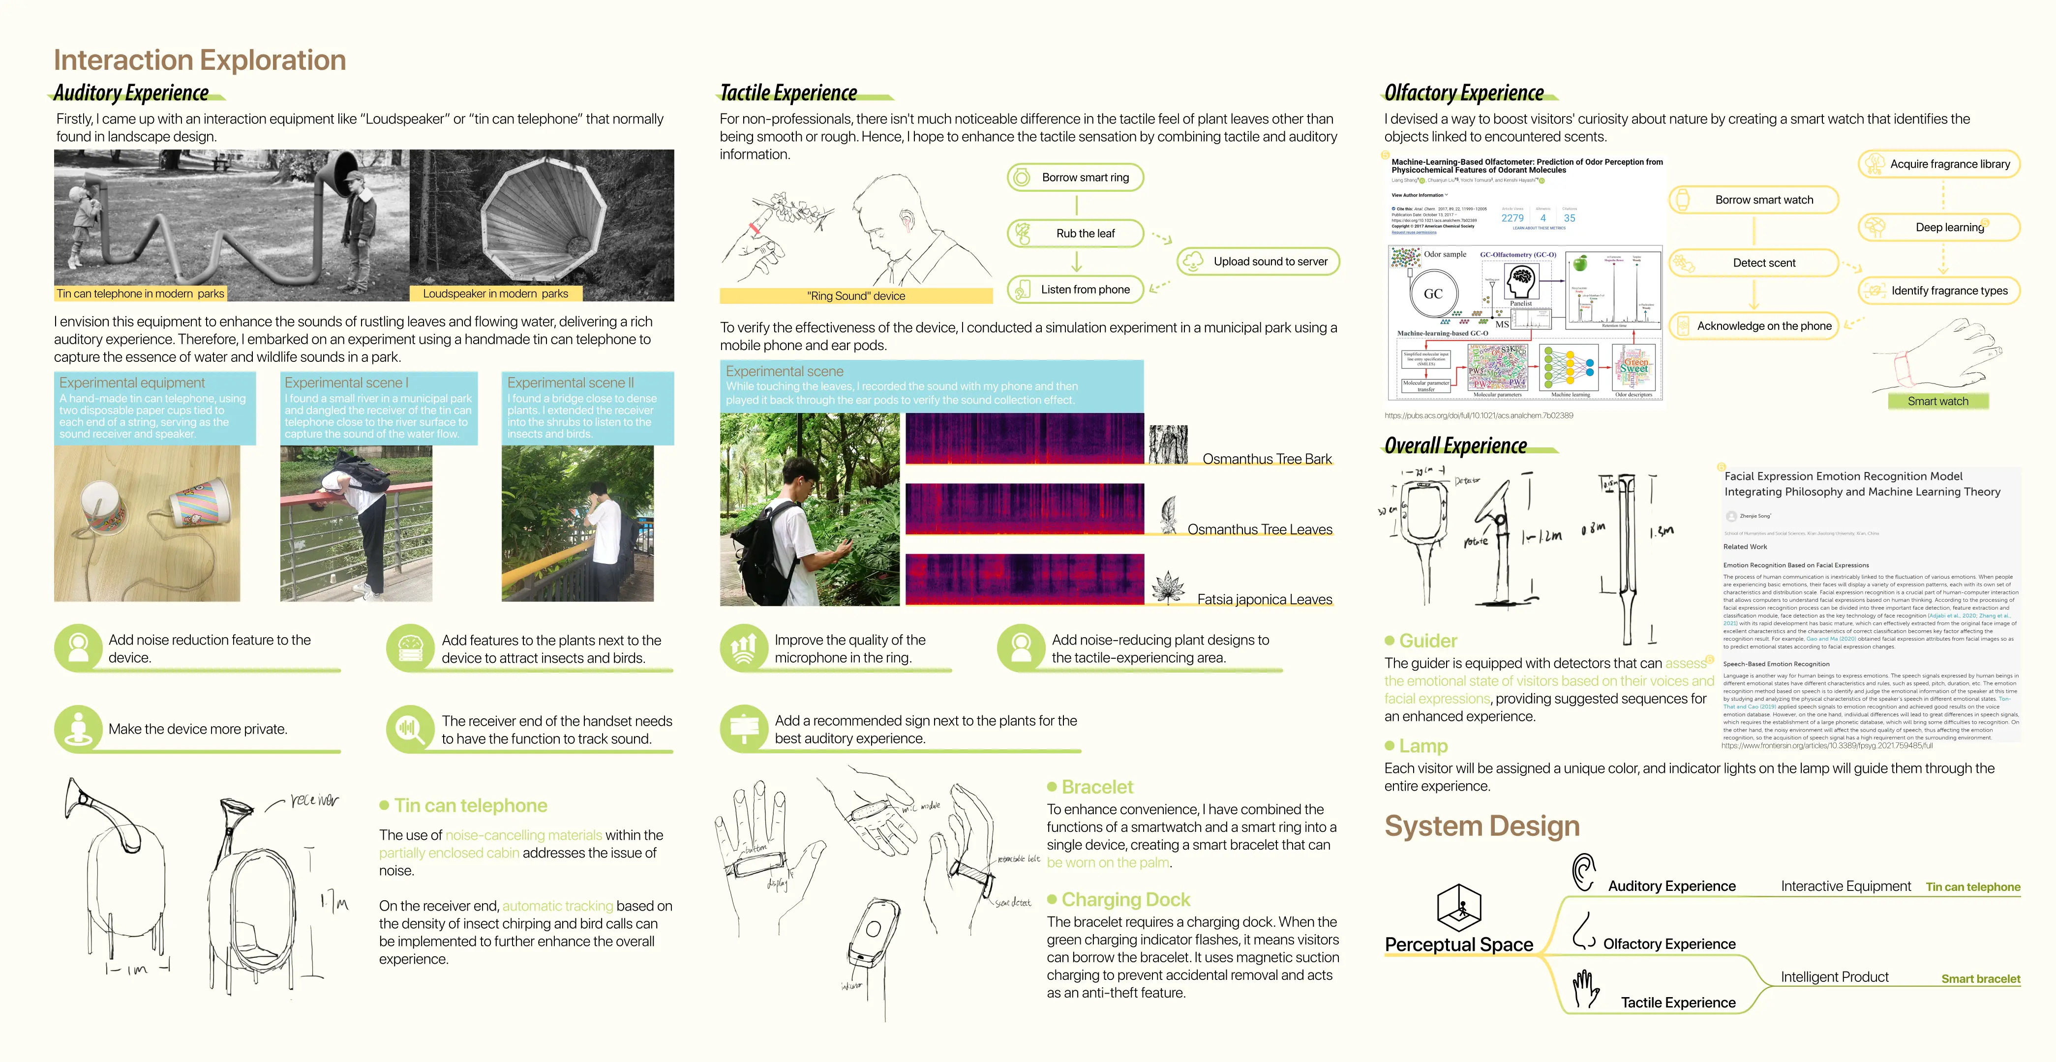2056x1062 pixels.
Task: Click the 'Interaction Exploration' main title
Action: pos(200,60)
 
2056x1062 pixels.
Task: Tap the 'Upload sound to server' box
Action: pos(1259,262)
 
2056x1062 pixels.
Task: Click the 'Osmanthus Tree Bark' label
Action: pos(1267,459)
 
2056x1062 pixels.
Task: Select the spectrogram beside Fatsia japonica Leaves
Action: pos(1024,579)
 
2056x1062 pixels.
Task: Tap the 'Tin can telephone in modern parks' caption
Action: pos(141,294)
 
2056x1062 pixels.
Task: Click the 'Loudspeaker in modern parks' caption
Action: pos(495,294)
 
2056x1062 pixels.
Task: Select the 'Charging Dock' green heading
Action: pos(1125,899)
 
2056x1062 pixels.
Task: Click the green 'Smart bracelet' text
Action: pos(1980,978)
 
